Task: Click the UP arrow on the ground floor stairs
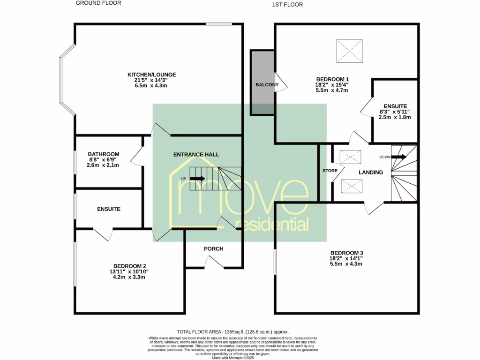point(197,179)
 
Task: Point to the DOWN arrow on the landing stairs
point(398,157)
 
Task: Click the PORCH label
point(214,248)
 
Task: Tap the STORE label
point(330,171)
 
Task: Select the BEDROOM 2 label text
point(129,265)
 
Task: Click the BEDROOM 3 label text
point(346,252)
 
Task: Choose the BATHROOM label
point(104,154)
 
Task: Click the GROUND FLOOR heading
point(98,3)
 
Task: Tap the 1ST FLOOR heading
point(287,5)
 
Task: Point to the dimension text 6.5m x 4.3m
point(148,86)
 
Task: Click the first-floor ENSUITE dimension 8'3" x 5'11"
point(395,112)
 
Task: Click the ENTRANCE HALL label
point(196,154)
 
